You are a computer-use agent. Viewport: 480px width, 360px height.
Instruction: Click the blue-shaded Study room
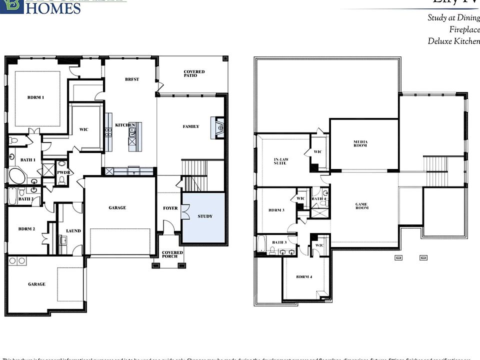(204, 219)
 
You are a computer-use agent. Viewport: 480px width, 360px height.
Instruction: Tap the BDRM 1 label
(35, 97)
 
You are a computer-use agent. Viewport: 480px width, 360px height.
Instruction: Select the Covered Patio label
(194, 73)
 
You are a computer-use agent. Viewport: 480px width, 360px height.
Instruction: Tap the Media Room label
(360, 143)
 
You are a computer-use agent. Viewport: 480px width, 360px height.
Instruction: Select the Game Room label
(361, 205)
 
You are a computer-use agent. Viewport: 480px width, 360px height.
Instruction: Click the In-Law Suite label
(280, 161)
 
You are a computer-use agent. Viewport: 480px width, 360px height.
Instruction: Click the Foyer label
(170, 208)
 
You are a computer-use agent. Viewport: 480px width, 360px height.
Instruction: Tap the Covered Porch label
(172, 254)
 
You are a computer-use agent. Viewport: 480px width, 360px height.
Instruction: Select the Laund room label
(73, 231)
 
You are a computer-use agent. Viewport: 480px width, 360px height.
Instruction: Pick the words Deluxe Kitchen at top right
(453, 41)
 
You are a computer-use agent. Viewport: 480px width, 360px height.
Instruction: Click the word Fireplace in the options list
(464, 30)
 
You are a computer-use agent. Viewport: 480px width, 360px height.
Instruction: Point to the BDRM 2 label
(26, 228)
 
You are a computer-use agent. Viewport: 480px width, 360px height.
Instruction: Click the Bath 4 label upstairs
(318, 199)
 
